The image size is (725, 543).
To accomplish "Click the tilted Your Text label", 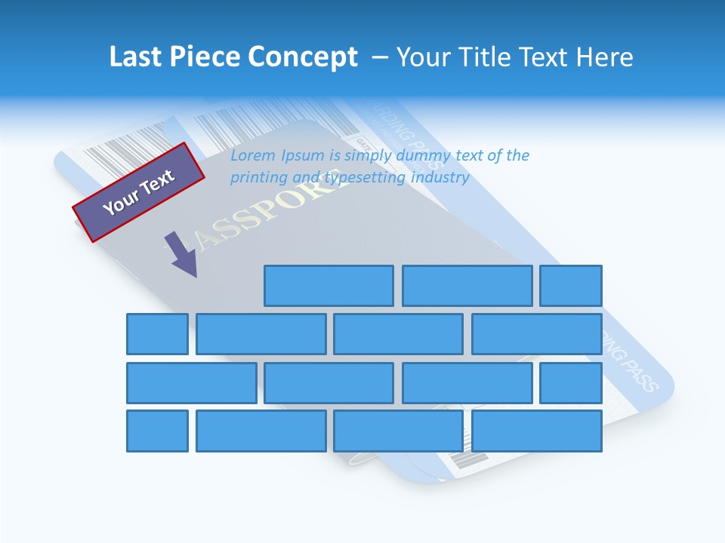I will [139, 192].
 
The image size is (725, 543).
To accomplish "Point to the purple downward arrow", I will [181, 254].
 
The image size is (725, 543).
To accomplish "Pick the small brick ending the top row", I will [571, 286].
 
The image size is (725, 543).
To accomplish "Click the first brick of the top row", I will [329, 286].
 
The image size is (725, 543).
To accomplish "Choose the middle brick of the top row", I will [467, 286].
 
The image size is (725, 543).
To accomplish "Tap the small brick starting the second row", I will [157, 334].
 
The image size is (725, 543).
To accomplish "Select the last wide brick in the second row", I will [537, 334].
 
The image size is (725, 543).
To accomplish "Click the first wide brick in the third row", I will [191, 383].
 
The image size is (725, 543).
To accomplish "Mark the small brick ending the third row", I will [571, 383].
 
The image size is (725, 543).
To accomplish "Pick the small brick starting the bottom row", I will [157, 431].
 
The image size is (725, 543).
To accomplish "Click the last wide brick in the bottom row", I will [537, 431].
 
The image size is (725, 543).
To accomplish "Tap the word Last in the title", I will [136, 57].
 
